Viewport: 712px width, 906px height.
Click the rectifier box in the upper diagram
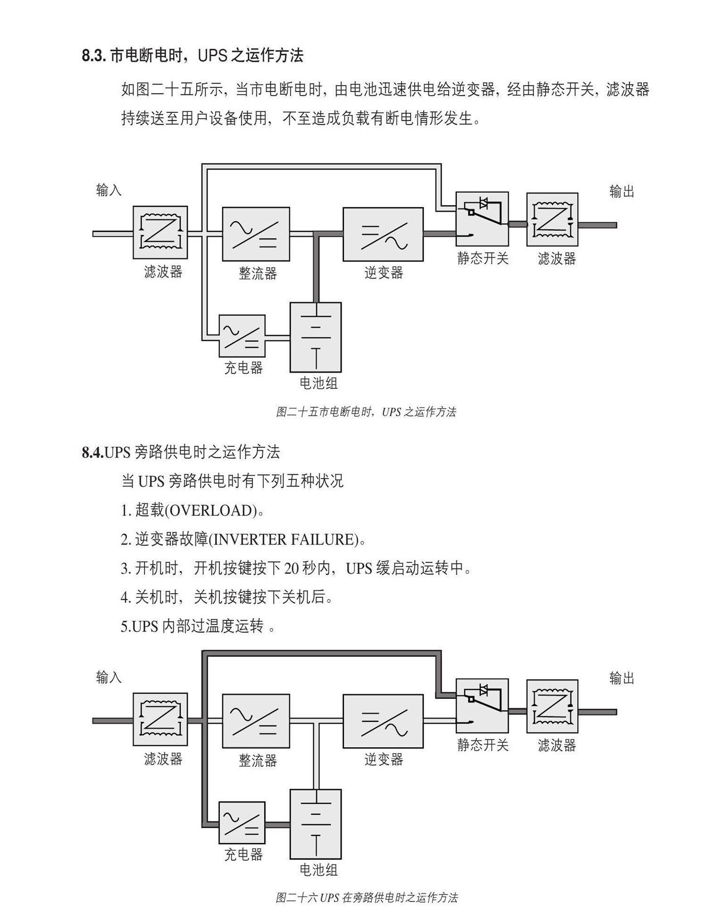(256, 234)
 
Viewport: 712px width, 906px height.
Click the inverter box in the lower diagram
(383, 721)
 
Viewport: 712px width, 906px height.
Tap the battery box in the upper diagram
(315, 337)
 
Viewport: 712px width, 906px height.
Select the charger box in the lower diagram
(242, 822)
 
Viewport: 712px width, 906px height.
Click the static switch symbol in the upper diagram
(482, 218)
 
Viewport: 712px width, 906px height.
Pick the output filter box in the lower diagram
(552, 705)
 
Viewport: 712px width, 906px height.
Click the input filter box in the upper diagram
(160, 232)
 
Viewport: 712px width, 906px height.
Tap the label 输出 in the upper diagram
(621, 192)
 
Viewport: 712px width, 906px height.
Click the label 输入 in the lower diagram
(109, 677)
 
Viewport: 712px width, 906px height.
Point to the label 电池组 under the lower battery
(318, 870)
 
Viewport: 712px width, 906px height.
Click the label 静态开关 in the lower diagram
(482, 745)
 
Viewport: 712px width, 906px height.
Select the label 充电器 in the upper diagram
(243, 368)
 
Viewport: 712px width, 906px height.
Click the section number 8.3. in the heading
(93, 56)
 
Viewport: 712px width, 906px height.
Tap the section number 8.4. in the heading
(92, 452)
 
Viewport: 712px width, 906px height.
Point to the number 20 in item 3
(291, 569)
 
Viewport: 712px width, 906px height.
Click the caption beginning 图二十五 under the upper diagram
(366, 412)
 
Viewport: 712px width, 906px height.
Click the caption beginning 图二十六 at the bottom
(366, 897)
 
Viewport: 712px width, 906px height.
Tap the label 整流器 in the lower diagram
(258, 760)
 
